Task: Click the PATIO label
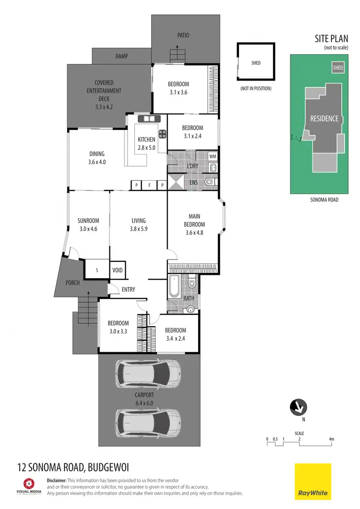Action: coord(182,35)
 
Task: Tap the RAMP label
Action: coord(121,56)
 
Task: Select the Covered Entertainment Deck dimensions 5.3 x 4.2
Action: coord(104,107)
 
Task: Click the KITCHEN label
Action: coord(146,140)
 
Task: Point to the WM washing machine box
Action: coord(213,157)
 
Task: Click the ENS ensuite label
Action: coord(194,183)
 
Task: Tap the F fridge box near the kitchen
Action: coord(149,185)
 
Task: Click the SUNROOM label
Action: coord(88,221)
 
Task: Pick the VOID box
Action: coord(118,270)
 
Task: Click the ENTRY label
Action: coord(128,289)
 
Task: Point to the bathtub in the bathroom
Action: coord(174,286)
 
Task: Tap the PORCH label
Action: coord(72,283)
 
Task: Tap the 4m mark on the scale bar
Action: coord(331,439)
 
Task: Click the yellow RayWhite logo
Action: coord(312,481)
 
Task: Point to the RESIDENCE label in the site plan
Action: coord(324,118)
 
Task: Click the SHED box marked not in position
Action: coord(256,62)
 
